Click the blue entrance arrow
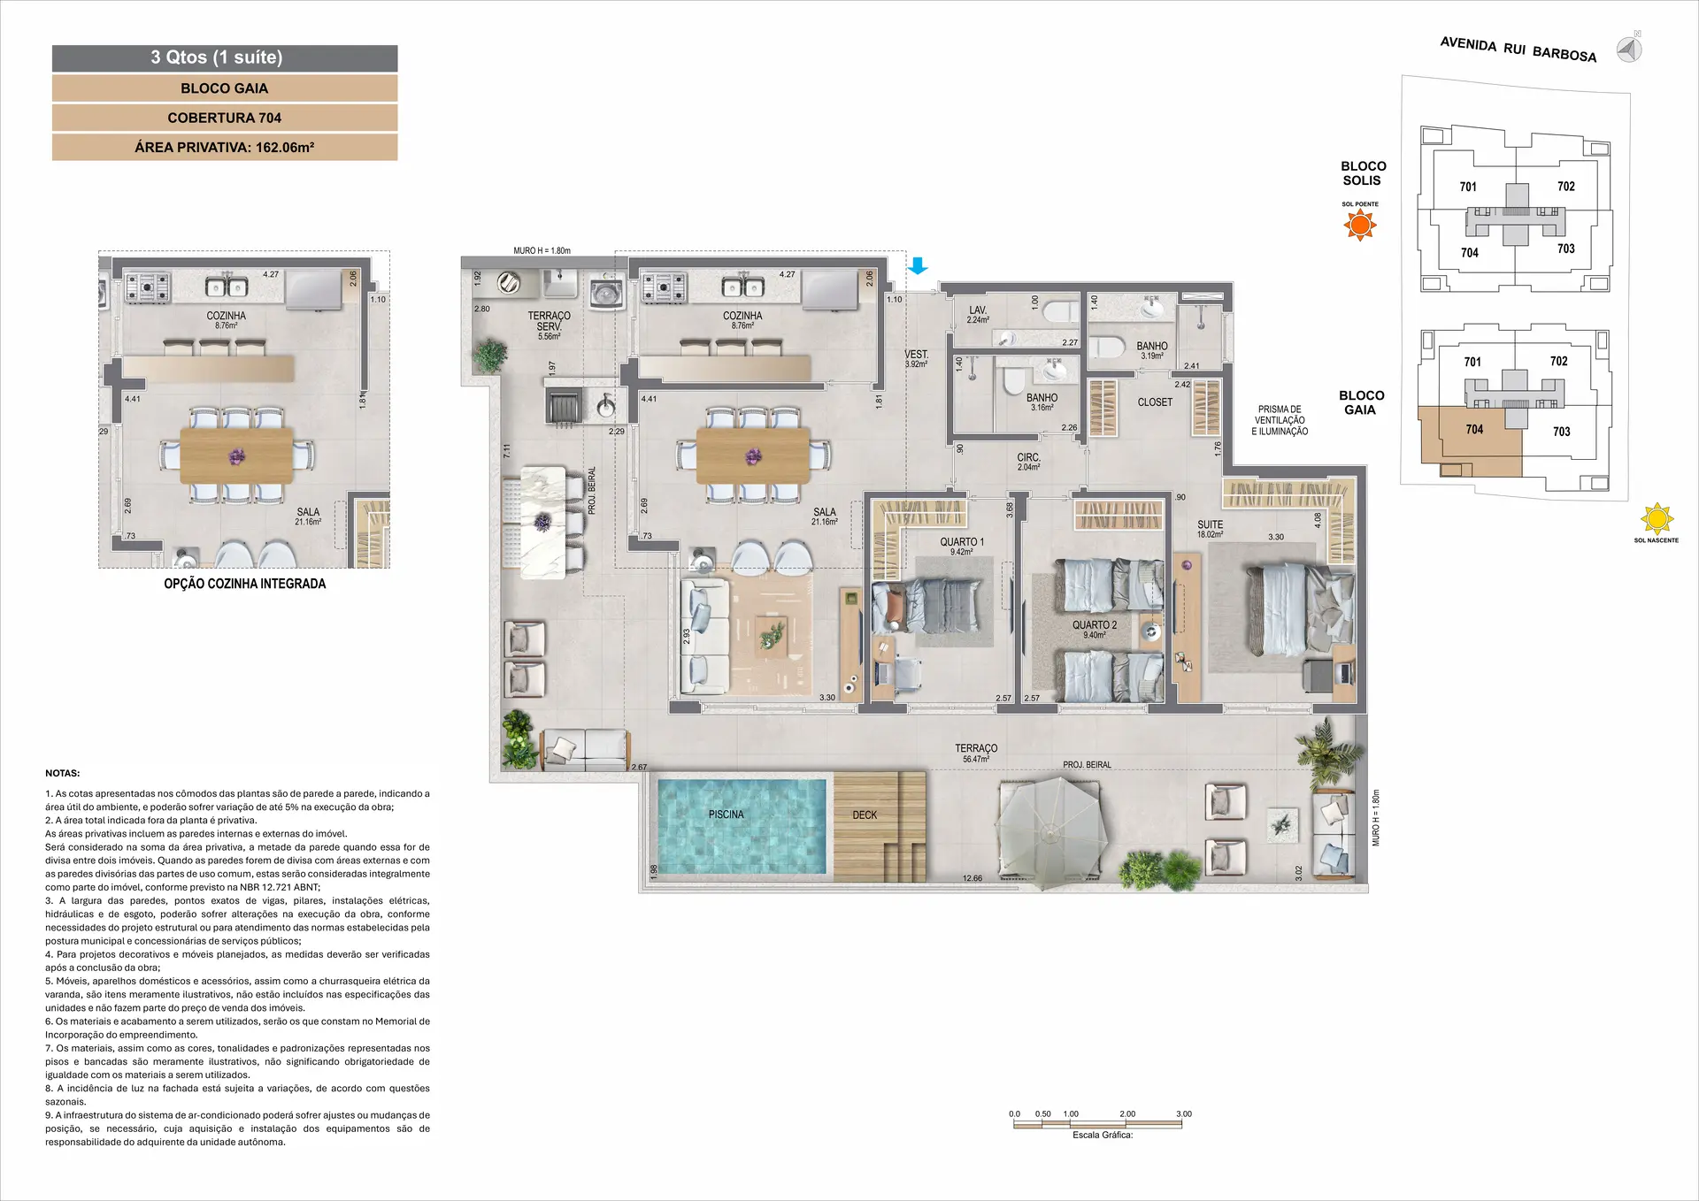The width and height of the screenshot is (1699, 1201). pyautogui.click(x=918, y=265)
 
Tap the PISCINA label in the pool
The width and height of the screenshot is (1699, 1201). pyautogui.click(x=726, y=815)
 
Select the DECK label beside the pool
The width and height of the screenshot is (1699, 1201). pyautogui.click(x=865, y=815)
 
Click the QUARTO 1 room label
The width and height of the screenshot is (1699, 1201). pyautogui.click(x=962, y=542)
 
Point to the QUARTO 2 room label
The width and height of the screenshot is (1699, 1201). pyautogui.click(x=1095, y=625)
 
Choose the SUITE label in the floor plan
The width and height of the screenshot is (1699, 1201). pyautogui.click(x=1210, y=524)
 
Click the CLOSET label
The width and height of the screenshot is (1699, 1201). pyautogui.click(x=1155, y=402)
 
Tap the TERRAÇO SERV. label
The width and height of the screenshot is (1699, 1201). pyautogui.click(x=549, y=321)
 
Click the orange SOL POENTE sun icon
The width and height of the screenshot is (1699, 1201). pyautogui.click(x=1360, y=226)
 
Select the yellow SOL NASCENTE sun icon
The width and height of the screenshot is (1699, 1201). pyautogui.click(x=1657, y=519)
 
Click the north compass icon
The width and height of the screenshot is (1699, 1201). pyautogui.click(x=1629, y=49)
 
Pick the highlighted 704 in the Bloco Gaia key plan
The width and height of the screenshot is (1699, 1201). pyautogui.click(x=1473, y=430)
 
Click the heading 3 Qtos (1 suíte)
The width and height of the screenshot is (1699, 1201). pyautogui.click(x=217, y=57)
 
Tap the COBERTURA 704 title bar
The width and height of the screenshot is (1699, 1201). pyautogui.click(x=225, y=118)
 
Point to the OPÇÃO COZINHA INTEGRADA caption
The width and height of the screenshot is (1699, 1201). pyautogui.click(x=245, y=584)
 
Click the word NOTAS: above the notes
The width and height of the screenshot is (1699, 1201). pyautogui.click(x=63, y=773)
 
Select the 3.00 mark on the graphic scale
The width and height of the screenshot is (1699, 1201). pyautogui.click(x=1184, y=1114)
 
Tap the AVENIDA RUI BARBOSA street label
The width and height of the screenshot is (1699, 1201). pyautogui.click(x=1518, y=50)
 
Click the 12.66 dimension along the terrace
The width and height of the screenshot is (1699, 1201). pyautogui.click(x=972, y=878)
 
